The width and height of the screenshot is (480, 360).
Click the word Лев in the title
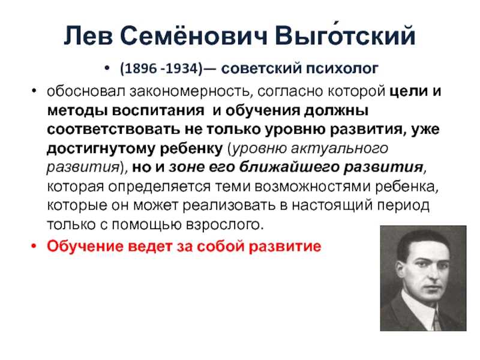[88, 35]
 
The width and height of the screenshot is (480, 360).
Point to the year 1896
[141, 68]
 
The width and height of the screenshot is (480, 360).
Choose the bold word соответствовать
[113, 130]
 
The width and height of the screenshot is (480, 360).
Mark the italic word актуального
[340, 149]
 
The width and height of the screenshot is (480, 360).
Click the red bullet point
[34, 246]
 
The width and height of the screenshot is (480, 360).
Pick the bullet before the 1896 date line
[107, 68]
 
